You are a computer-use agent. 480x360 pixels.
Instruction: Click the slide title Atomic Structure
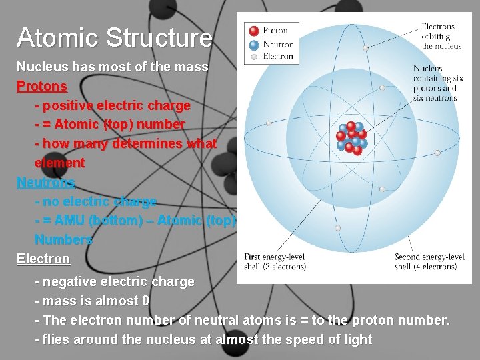click(114, 38)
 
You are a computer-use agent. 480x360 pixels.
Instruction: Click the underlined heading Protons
click(41, 87)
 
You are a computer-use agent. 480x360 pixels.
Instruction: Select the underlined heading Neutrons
click(46, 182)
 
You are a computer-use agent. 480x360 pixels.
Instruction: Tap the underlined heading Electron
click(43, 259)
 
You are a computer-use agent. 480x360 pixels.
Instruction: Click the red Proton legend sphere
click(253, 31)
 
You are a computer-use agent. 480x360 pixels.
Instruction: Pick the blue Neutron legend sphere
click(253, 44)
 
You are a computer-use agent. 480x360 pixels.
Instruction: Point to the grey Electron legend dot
click(253, 57)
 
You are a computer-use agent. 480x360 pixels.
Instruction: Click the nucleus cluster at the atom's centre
click(351, 137)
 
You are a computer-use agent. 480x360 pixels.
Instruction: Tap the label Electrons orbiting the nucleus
click(437, 37)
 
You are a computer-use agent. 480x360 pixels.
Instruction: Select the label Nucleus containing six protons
click(435, 83)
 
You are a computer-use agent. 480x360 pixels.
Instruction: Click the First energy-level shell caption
click(275, 262)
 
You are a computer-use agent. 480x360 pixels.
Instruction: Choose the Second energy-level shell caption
click(429, 262)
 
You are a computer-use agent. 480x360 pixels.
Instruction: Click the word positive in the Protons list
click(67, 106)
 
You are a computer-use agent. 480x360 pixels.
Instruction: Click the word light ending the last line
click(357, 339)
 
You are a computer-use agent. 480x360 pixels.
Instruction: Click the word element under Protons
click(60, 163)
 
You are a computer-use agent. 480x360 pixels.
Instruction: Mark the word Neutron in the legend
click(278, 44)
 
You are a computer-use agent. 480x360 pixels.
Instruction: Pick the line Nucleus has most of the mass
click(112, 67)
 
